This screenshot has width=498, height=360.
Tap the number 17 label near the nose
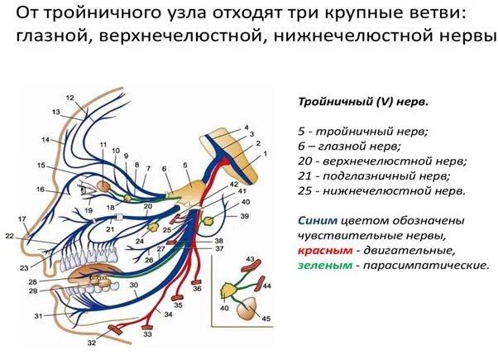22,218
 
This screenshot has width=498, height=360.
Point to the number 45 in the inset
266,319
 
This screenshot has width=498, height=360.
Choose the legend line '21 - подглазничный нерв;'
374,176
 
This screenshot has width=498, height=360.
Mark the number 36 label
198,289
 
